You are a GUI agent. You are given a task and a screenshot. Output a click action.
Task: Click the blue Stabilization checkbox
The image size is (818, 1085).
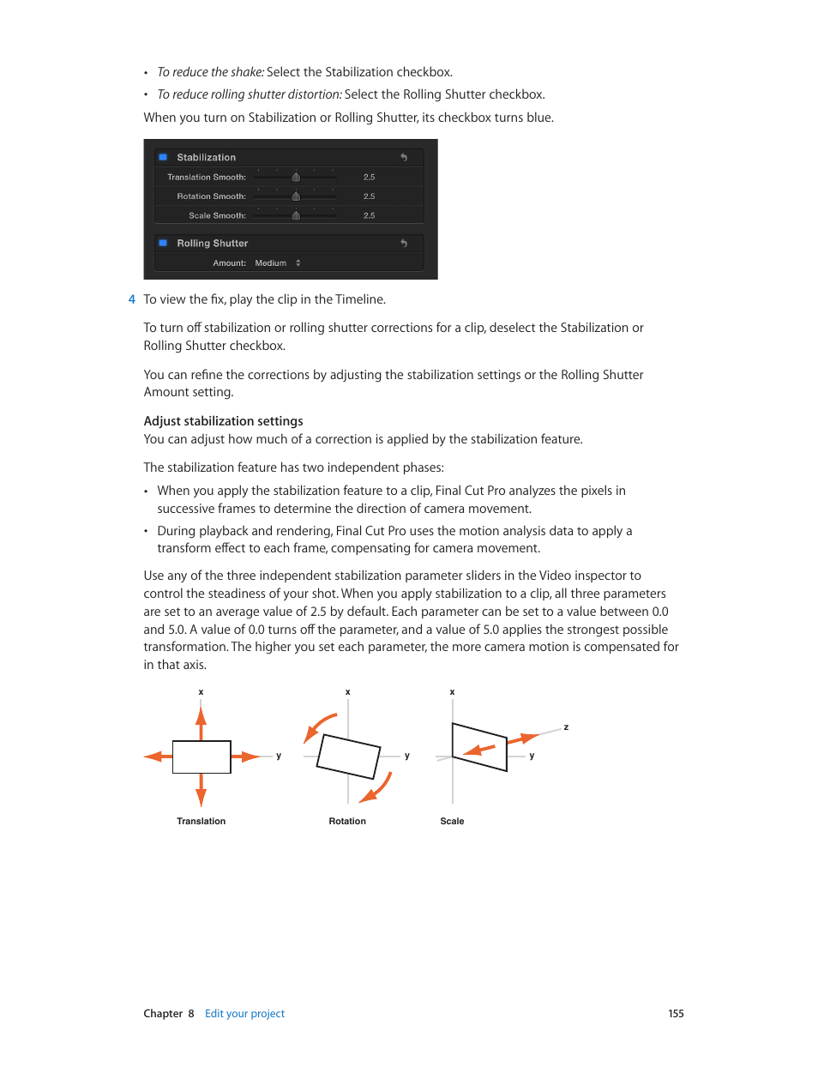pos(163,158)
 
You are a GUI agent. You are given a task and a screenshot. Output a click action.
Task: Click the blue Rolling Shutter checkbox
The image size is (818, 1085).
pos(163,244)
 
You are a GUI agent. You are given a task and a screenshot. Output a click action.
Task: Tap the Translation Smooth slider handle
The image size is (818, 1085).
pos(296,178)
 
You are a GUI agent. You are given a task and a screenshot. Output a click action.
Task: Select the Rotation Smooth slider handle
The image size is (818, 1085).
pos(296,196)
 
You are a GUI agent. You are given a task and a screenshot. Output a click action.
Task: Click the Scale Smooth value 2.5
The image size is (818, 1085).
pos(369,216)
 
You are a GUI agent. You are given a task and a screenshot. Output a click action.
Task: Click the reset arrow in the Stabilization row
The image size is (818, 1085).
pos(404,158)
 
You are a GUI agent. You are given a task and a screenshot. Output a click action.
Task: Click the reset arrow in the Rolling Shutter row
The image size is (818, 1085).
pos(404,244)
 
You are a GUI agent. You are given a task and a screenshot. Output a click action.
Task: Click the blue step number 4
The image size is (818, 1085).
pos(131,299)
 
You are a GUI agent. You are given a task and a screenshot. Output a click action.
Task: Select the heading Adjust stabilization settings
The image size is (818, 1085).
pos(223,421)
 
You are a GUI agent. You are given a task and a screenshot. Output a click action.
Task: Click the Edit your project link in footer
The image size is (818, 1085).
pos(244,1014)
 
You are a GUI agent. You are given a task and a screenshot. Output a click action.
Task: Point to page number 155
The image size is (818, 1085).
pos(676,1014)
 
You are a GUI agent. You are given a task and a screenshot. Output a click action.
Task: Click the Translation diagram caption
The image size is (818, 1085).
pos(201,822)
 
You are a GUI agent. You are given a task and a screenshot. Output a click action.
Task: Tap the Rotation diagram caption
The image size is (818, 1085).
pos(347,822)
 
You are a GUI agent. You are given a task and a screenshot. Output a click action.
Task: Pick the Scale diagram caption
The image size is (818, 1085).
pos(452,822)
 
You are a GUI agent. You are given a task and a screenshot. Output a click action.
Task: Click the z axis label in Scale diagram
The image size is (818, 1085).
pos(566,727)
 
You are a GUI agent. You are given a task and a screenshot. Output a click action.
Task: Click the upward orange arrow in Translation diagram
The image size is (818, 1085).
pos(201,720)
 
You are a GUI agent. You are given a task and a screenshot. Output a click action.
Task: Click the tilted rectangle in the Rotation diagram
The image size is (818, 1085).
pos(348,756)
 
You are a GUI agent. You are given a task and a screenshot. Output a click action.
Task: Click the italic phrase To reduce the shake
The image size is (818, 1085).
pos(210,73)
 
